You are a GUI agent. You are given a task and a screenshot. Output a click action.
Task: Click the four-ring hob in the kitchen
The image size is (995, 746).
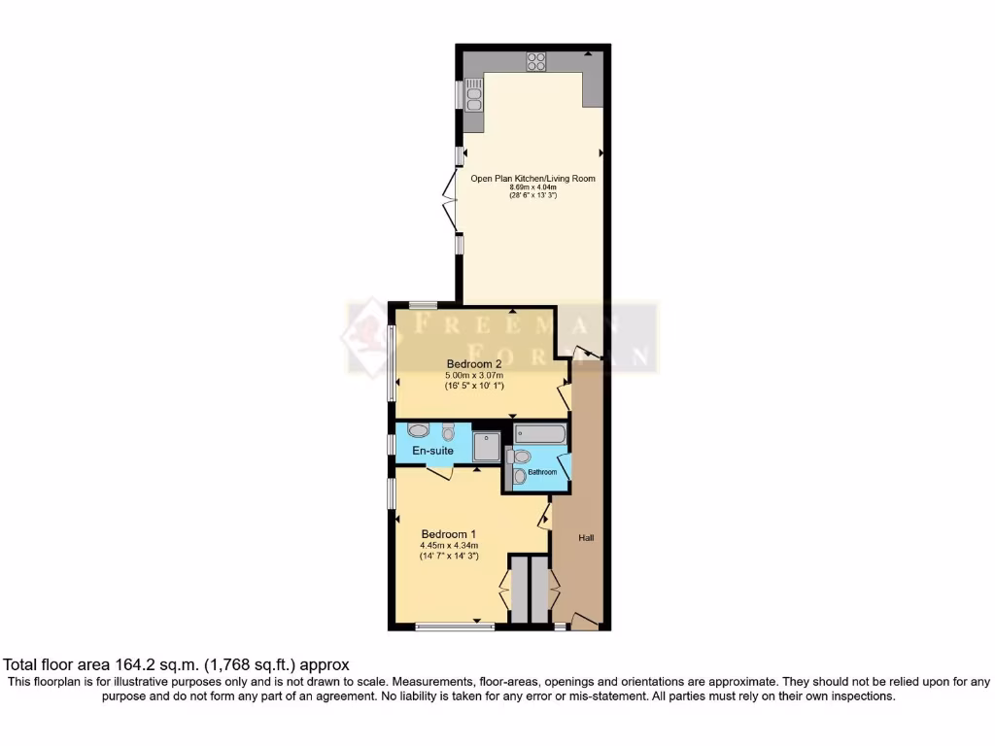click(x=536, y=61)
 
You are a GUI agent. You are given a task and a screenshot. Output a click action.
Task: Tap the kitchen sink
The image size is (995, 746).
click(x=474, y=96)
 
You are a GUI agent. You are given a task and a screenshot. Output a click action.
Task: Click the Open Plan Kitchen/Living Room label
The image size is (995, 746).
click(x=532, y=179)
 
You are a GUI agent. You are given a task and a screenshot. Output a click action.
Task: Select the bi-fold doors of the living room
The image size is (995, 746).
click(x=450, y=199)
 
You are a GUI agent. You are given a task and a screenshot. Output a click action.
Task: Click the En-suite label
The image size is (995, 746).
click(x=433, y=451)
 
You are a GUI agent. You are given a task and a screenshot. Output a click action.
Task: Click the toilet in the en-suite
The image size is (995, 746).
click(x=448, y=432)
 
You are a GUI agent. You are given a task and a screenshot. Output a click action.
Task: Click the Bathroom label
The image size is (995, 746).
click(x=543, y=472)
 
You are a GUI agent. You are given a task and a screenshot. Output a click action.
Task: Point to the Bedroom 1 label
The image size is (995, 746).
click(x=448, y=533)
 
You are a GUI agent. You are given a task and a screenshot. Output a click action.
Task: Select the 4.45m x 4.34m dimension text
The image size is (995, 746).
click(x=449, y=546)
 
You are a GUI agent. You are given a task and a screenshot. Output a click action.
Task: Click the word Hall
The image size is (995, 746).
click(x=586, y=537)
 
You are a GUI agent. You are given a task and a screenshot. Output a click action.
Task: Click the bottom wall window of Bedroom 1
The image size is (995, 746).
click(x=454, y=627)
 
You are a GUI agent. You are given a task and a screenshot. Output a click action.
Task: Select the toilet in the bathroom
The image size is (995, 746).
click(x=520, y=475)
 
